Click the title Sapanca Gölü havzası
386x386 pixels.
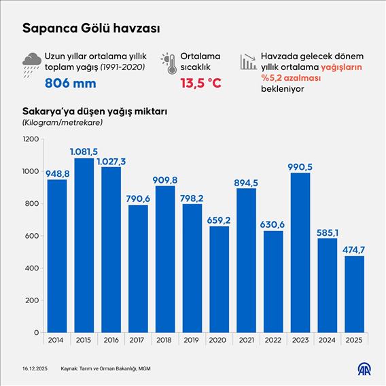[91, 29]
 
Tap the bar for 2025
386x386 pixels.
[354, 294]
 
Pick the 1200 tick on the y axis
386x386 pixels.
[31, 139]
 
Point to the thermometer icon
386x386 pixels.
[169, 63]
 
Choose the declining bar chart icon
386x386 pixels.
[247, 61]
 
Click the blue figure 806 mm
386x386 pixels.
[73, 84]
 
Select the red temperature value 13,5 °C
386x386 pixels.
[201, 84]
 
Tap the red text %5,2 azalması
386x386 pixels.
[292, 78]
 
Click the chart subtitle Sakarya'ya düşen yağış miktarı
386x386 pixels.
[95, 111]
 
